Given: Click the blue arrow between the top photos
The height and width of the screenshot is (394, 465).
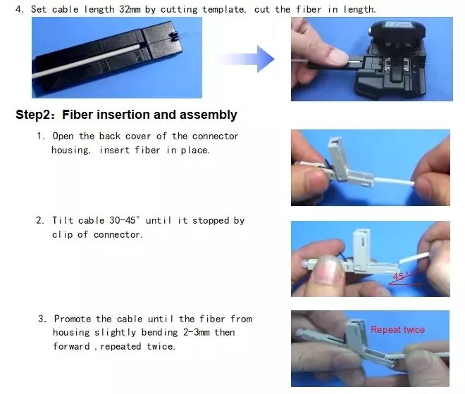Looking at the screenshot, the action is (246, 59).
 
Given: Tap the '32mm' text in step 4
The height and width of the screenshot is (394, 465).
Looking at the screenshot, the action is (130, 9).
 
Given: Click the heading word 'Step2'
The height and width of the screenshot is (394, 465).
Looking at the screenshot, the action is (34, 115).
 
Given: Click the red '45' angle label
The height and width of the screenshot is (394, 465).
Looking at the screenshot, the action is (398, 277).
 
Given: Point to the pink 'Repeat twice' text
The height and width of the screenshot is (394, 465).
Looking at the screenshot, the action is (397, 330).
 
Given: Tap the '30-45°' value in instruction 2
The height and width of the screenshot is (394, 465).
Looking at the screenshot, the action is (124, 220).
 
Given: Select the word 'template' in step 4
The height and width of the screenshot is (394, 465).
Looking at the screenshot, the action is (224, 9).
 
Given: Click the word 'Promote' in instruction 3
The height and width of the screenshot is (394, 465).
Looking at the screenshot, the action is (73, 319).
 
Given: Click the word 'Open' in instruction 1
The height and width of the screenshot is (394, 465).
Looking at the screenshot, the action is (63, 136).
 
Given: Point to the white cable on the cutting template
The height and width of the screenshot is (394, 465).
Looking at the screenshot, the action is (86, 61).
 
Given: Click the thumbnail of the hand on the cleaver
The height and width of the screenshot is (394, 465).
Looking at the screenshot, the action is (337, 56).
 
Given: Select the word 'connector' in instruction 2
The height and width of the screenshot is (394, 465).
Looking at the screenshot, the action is (116, 234).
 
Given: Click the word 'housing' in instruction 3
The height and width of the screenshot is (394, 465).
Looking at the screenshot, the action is (71, 332).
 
